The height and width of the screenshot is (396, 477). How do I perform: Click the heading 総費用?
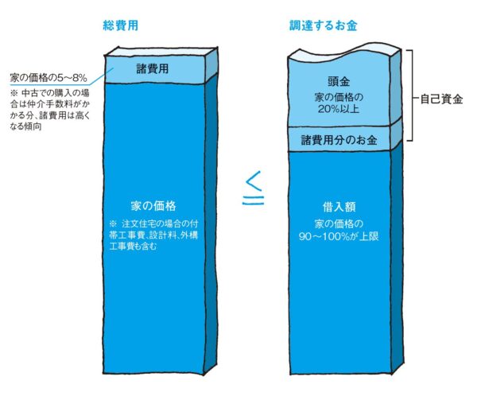121,25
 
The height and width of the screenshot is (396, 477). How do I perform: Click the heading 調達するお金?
323,25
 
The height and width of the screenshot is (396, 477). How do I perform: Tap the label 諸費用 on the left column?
152,68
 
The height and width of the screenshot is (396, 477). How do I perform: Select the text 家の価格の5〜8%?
48,78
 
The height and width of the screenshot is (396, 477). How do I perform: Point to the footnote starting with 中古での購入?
50,110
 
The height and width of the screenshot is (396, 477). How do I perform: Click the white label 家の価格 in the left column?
153,206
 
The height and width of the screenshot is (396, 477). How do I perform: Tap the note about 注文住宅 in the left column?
153,235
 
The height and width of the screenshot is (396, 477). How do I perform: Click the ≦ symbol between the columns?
253,188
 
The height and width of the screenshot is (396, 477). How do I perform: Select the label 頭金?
339,81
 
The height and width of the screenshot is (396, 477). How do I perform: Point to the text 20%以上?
339,109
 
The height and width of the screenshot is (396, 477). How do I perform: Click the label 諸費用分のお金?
339,140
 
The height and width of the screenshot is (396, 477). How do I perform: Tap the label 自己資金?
441,99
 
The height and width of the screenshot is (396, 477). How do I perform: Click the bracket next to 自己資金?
412,95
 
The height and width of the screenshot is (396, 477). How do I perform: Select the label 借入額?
339,207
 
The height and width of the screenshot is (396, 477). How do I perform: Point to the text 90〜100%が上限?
339,236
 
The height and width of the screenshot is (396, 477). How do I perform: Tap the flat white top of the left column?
161,52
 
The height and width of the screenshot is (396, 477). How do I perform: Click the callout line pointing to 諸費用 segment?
100,76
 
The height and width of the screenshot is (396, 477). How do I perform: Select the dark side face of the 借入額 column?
397,257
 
